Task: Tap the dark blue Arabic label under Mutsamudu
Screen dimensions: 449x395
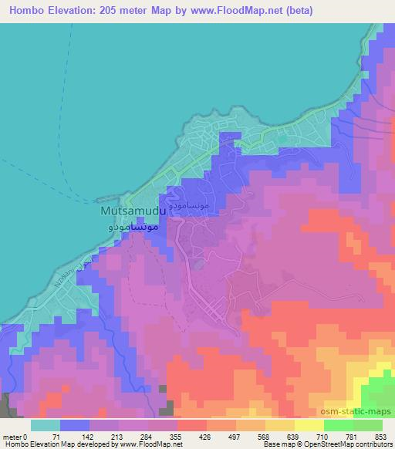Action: coord(132,228)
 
